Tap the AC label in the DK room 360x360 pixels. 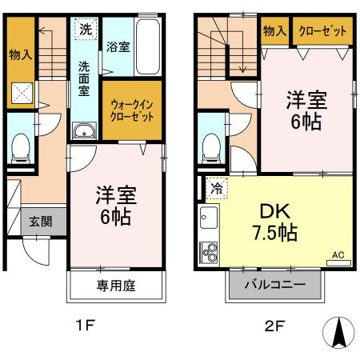click(x=338, y=255)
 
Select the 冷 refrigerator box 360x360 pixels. click(x=216, y=189)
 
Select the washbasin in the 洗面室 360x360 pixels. click(x=82, y=132)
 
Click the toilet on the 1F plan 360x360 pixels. click(x=21, y=145)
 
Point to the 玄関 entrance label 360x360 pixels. click(x=42, y=222)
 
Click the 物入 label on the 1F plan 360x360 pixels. click(x=19, y=56)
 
